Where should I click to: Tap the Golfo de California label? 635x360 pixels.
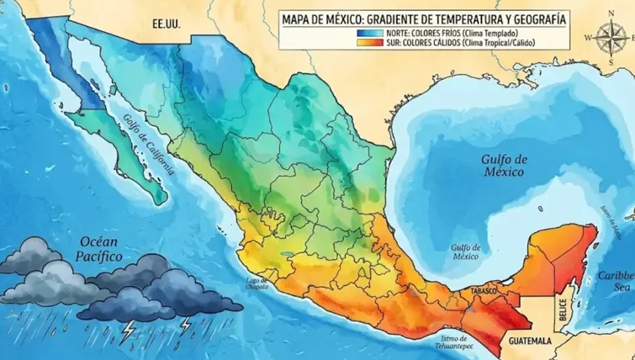[148, 144]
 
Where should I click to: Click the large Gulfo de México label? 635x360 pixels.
[503, 165]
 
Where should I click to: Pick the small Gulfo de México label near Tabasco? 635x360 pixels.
[465, 252]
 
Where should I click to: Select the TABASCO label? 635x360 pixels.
[485, 291]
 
